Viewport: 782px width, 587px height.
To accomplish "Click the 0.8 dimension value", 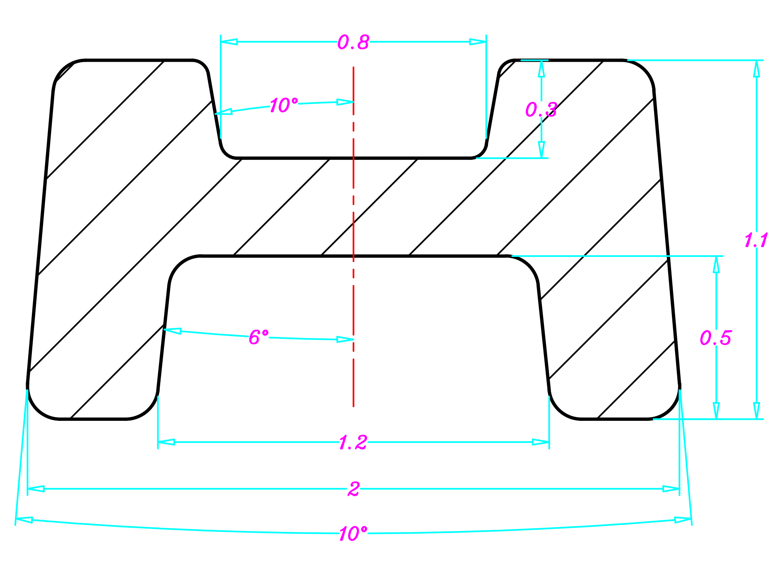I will pyautogui.click(x=353, y=42).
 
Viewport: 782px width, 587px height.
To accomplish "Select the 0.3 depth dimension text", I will pyautogui.click(x=541, y=110).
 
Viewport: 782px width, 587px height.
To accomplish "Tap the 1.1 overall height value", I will pyautogui.click(x=756, y=240).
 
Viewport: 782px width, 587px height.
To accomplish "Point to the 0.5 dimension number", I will pyautogui.click(x=715, y=338).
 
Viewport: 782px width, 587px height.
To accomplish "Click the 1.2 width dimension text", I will pyautogui.click(x=353, y=443).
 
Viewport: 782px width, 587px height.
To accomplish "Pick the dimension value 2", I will pyautogui.click(x=354, y=489).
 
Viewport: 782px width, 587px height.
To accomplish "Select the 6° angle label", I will pyautogui.click(x=259, y=337).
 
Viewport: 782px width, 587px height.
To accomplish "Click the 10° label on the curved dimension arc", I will pyautogui.click(x=353, y=534).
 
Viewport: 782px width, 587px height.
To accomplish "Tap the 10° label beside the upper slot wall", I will pyautogui.click(x=284, y=105).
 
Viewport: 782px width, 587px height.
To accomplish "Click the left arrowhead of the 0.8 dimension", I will pyautogui.click(x=229, y=42).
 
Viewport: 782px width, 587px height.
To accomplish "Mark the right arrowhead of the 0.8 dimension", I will pyautogui.click(x=478, y=42).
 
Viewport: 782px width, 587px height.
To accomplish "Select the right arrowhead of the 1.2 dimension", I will pyautogui.click(x=541, y=442).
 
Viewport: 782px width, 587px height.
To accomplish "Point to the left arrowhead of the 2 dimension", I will pyautogui.click(x=36, y=489).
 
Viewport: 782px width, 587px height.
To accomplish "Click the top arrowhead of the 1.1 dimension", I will pyautogui.click(x=757, y=69).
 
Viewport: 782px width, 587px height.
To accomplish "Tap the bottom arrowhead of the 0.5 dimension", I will pyautogui.click(x=716, y=410).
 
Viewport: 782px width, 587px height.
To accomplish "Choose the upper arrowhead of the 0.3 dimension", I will pyautogui.click(x=541, y=69).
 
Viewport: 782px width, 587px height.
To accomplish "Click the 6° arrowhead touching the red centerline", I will pyautogui.click(x=345, y=340).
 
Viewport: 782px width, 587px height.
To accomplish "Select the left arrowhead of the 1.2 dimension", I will pyautogui.click(x=166, y=442).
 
